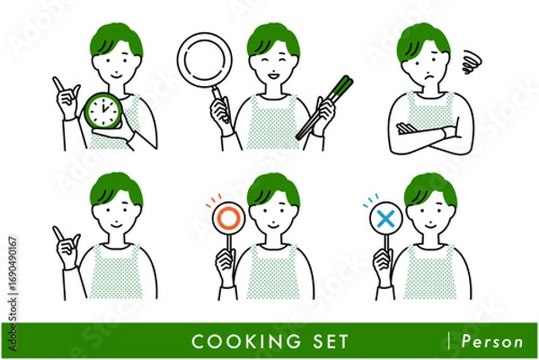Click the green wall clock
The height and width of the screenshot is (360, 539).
coord(104,110)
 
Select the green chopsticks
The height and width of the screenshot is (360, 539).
coord(324,108)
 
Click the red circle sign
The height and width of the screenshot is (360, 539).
coord(228,217)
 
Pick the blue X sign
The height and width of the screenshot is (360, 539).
coord(385,219)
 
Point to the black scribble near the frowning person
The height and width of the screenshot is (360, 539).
coord(472,62)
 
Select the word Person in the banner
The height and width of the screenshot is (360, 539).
coord(492,341)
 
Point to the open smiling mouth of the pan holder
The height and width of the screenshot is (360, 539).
coord(274,75)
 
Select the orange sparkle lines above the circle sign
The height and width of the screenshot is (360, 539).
coord(214,200)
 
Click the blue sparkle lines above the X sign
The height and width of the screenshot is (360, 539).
coord(370,200)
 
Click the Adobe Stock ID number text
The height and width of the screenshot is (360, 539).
coord(13,260)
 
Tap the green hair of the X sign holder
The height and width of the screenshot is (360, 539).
coord(430,189)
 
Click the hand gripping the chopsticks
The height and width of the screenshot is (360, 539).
coord(324,116)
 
